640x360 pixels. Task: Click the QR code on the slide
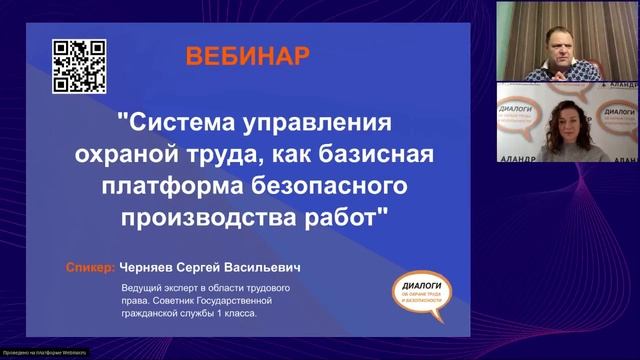pyautogui.click(x=79, y=65)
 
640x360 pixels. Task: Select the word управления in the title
pyautogui.click(x=321, y=125)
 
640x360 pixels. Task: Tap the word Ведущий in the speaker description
pyautogui.click(x=142, y=287)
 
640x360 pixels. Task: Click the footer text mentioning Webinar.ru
pyautogui.click(x=45, y=353)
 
